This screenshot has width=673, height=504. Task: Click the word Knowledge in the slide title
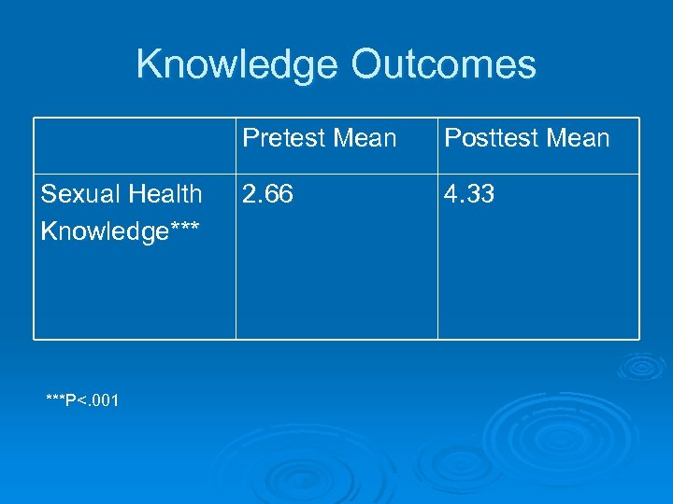[x=238, y=64]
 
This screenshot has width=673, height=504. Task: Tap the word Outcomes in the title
[x=444, y=64]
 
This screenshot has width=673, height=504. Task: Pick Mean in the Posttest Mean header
[x=576, y=139]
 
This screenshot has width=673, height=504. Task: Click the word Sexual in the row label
[x=74, y=194]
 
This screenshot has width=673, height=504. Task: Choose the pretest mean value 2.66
[x=267, y=194]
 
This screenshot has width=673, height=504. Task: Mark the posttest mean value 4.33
[x=469, y=194]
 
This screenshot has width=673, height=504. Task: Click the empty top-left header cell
[x=135, y=146]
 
